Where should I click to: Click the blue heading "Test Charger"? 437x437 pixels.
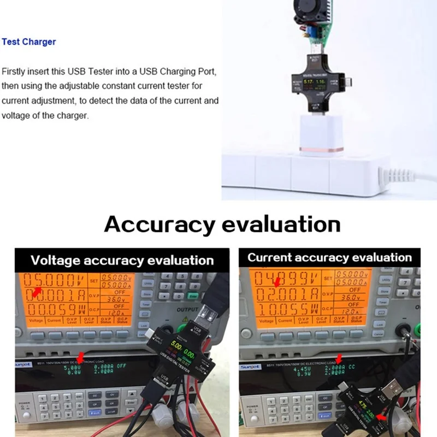(28, 42)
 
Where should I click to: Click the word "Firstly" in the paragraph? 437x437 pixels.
(13, 72)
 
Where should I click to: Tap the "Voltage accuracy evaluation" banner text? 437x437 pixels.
(122, 261)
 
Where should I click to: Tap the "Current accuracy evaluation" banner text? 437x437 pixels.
(329, 257)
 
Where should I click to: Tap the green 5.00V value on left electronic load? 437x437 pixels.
(73, 368)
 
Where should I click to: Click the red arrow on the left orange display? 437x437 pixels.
(36, 293)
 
